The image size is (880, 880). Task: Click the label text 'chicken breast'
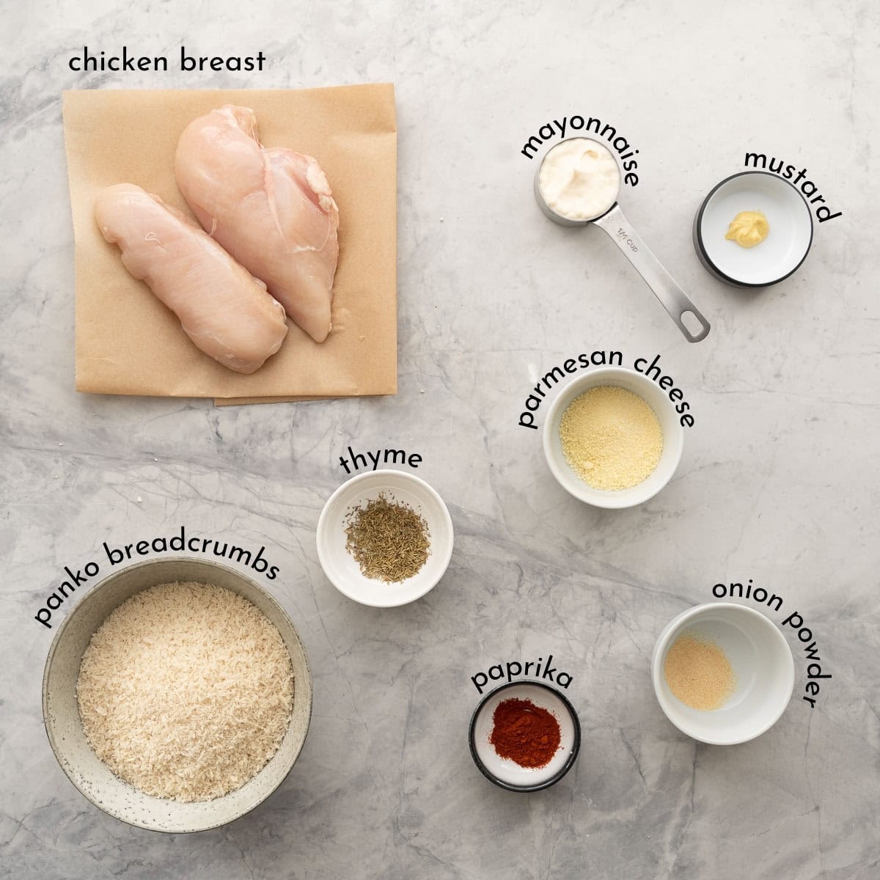(x=166, y=62)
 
